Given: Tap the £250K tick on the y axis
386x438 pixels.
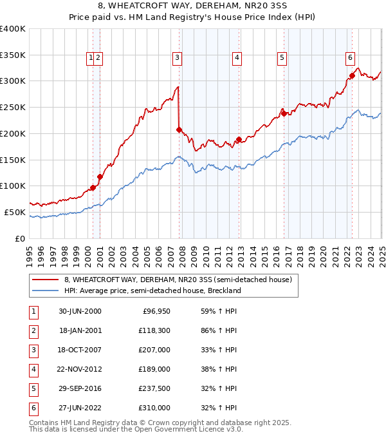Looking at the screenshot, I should (x=13, y=107).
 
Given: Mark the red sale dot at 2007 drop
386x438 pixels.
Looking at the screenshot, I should (x=179, y=129).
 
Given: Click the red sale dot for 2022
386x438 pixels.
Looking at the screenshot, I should (x=352, y=75).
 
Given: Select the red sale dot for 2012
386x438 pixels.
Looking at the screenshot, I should (x=239, y=139).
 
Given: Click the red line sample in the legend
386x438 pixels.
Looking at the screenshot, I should (x=45, y=280).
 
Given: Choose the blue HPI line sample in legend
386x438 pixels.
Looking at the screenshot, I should (x=45, y=290).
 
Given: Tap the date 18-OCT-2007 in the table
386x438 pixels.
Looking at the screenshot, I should (x=80, y=349).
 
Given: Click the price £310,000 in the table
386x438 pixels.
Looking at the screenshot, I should (x=154, y=408).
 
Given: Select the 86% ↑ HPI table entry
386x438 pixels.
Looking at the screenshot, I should (x=214, y=330).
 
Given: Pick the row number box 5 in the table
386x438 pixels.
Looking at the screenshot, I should (x=33, y=388).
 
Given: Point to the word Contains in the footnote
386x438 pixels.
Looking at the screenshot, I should (x=44, y=423).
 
